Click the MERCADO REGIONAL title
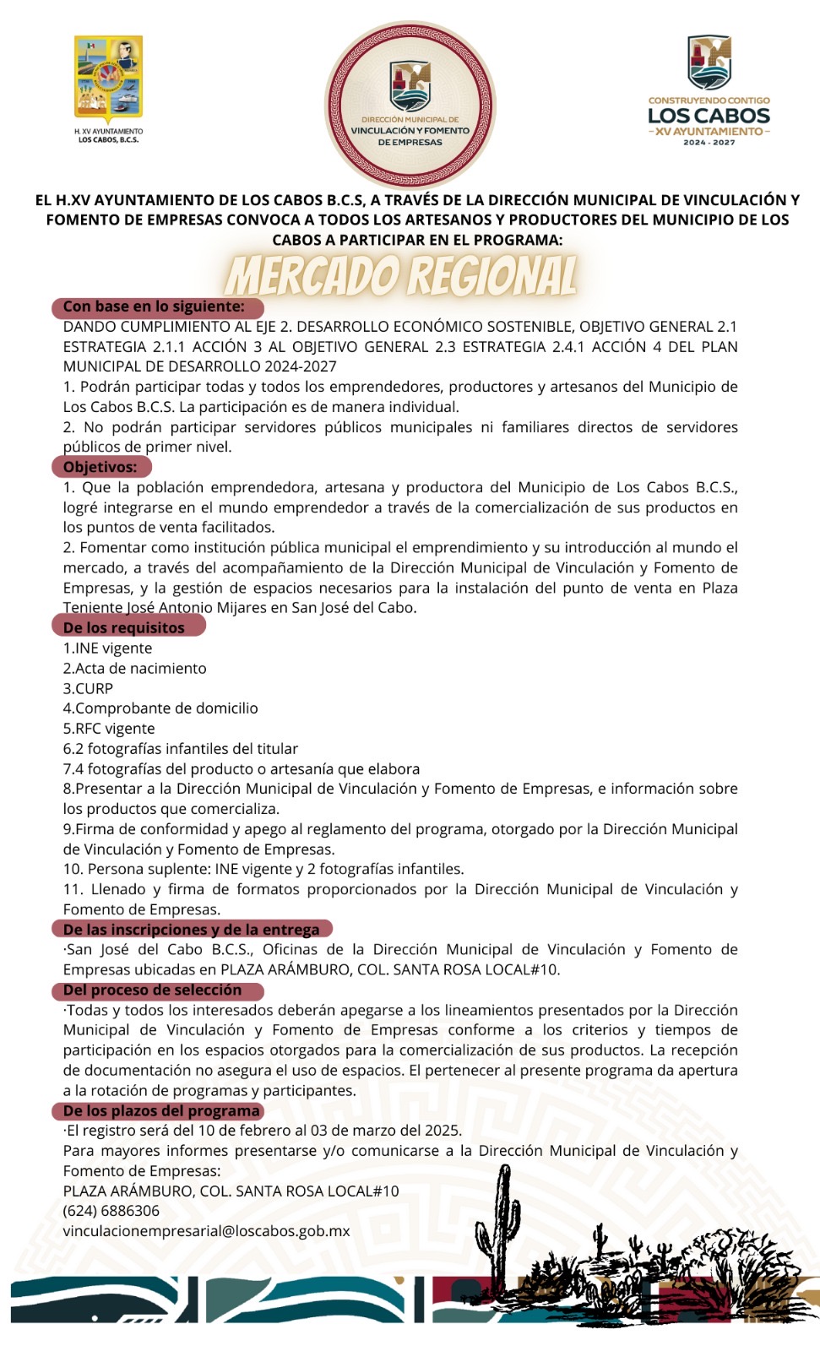402,275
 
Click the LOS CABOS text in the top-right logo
709,116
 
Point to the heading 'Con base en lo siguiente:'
154,307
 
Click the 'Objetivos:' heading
100,467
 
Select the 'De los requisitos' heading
124,627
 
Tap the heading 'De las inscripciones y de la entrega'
192,930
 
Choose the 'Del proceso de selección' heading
153,990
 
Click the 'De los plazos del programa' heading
161,1110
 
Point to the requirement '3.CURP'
88,688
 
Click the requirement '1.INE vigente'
108,648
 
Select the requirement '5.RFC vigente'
109,729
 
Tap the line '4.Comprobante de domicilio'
160,708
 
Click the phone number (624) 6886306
111,1211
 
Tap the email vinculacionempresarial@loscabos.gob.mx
206,1231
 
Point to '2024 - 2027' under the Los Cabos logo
709,143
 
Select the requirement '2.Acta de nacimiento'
135,668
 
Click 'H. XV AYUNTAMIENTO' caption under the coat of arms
108,132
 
